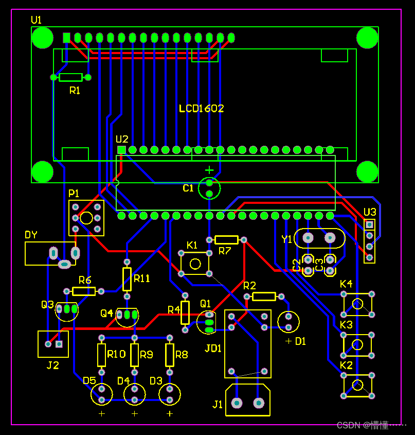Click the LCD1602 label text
(x=201, y=109)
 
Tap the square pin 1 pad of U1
(x=66, y=38)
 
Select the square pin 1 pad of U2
(x=121, y=150)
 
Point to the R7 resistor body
(x=226, y=240)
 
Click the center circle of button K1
(x=195, y=264)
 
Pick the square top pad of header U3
(x=369, y=224)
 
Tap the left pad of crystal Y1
(x=308, y=238)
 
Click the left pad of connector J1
(x=237, y=403)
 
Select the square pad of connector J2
(x=59, y=344)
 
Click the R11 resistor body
(x=127, y=279)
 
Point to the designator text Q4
(x=106, y=313)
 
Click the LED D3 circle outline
(x=170, y=384)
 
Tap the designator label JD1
(x=213, y=348)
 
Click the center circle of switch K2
(x=357, y=386)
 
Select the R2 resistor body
(x=264, y=297)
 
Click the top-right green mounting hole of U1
(x=367, y=38)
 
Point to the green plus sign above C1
(x=209, y=170)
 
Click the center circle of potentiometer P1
(x=86, y=218)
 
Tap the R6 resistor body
(x=84, y=291)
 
